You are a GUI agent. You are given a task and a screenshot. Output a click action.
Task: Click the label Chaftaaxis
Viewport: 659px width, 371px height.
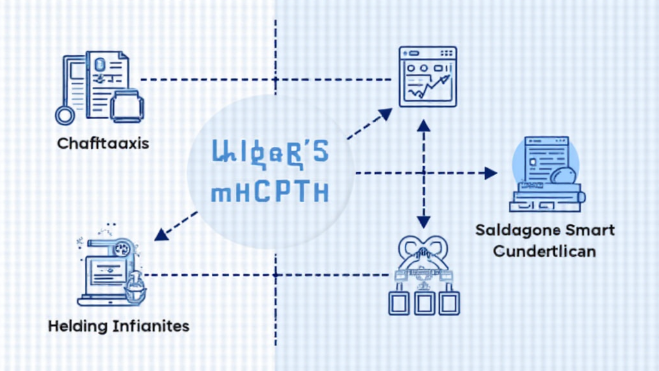coord(103,143)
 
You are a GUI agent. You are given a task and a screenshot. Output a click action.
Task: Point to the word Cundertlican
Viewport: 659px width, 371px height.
coord(544,251)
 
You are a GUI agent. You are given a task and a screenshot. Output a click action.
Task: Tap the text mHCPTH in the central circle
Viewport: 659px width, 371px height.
coord(268,193)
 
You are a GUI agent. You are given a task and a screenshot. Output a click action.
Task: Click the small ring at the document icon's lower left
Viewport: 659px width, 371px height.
coord(64,115)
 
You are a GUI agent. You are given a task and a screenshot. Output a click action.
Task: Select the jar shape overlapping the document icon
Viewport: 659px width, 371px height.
coord(127,106)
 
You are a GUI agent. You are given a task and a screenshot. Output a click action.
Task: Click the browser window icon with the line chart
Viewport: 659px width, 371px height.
coord(427,76)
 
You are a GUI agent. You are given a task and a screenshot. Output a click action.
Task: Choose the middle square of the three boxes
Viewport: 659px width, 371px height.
coord(424,301)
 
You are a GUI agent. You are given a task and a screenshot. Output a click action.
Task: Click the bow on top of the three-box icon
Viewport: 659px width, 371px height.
coord(423,248)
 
